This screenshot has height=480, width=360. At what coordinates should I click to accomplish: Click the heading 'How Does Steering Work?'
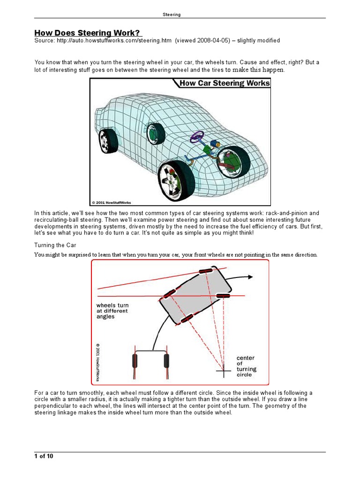coord(88,33)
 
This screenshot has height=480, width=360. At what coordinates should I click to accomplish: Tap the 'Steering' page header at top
coord(172,15)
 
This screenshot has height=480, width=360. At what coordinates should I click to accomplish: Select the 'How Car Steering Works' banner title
coord(224,83)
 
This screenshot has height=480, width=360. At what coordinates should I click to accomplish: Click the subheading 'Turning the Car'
coord(55,245)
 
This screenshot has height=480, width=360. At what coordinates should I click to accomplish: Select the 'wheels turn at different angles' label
coord(112,311)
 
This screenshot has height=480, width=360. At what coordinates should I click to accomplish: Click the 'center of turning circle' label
coord(247,366)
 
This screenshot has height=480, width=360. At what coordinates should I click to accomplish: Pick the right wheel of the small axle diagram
coord(166,361)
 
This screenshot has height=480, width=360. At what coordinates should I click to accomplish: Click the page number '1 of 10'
coord(44,457)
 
